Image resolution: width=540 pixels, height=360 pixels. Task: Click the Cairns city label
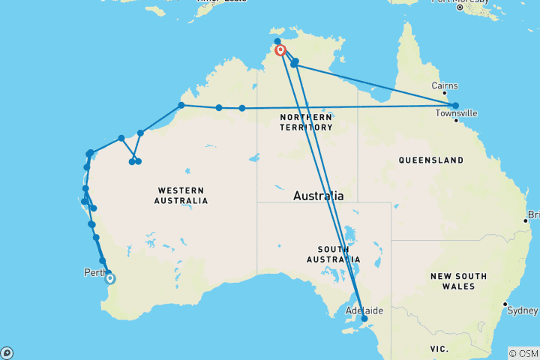[445, 85]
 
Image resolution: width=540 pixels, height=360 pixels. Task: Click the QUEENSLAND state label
[430, 160]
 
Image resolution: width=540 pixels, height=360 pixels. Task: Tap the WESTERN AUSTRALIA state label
[181, 196]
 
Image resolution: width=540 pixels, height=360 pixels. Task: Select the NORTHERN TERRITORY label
[305, 122]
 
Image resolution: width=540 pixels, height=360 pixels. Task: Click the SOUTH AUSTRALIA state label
[328, 254]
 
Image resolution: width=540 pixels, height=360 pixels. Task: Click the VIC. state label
[439, 349]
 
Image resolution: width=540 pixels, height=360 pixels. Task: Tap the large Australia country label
[318, 196]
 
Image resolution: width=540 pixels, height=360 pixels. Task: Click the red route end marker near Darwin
[280, 50]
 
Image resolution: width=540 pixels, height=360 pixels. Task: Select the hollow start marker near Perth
[110, 279]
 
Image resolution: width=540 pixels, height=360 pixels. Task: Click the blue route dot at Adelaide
[364, 319]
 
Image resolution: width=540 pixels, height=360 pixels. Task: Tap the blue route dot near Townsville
[455, 106]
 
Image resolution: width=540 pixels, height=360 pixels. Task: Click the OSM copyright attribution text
[523, 353]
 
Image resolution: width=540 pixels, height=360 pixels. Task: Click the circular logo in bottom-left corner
[7, 352]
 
